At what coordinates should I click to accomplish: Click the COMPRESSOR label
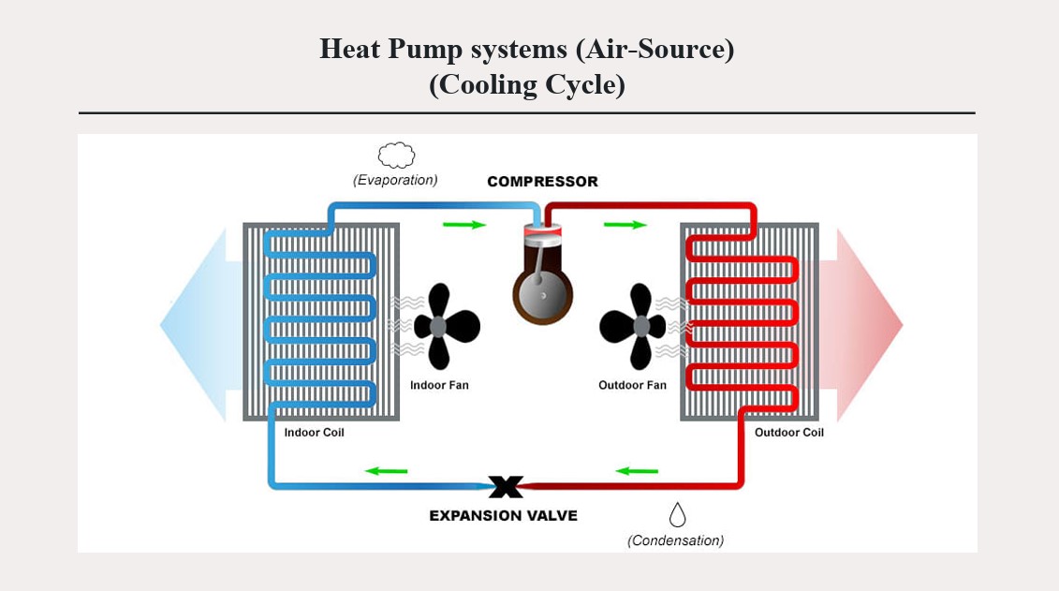(542, 182)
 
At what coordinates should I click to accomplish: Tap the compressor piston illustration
(542, 281)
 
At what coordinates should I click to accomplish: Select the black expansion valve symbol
(506, 487)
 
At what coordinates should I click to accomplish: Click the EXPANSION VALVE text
(503, 515)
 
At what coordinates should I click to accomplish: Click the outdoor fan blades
(634, 326)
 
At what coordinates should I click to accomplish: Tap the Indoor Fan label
(439, 385)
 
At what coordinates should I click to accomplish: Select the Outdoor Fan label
(632, 385)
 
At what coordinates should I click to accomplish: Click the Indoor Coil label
(315, 433)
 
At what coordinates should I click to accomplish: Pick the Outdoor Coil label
(789, 433)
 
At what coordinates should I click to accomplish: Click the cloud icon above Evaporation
(396, 155)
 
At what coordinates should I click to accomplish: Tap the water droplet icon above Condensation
(677, 514)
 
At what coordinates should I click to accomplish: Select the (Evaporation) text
(395, 180)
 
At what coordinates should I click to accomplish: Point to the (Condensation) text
(675, 540)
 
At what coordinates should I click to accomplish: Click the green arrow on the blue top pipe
(464, 225)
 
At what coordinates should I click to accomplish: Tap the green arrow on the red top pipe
(625, 225)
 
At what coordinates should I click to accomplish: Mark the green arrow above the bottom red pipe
(637, 470)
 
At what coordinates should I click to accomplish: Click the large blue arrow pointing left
(192, 325)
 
